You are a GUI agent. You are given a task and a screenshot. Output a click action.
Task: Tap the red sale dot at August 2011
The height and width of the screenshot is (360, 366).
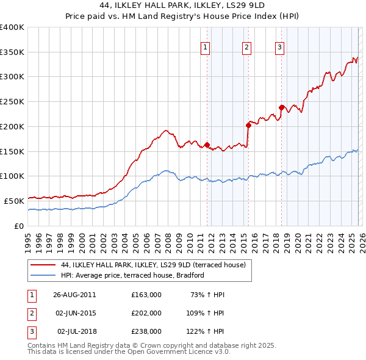point(207,145)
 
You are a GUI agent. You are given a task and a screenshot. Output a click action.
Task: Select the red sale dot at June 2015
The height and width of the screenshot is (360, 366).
point(248,125)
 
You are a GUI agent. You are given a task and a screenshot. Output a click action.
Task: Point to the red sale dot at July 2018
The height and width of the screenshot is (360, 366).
point(281,107)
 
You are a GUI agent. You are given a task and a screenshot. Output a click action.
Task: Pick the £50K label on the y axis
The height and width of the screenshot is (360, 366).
point(14,201)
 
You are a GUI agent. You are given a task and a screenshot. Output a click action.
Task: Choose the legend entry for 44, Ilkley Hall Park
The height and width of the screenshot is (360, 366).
point(153,265)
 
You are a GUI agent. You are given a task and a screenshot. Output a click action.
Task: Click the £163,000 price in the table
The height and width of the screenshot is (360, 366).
point(146,295)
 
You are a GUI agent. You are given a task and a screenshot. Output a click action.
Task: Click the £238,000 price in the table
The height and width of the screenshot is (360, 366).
point(146,331)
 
